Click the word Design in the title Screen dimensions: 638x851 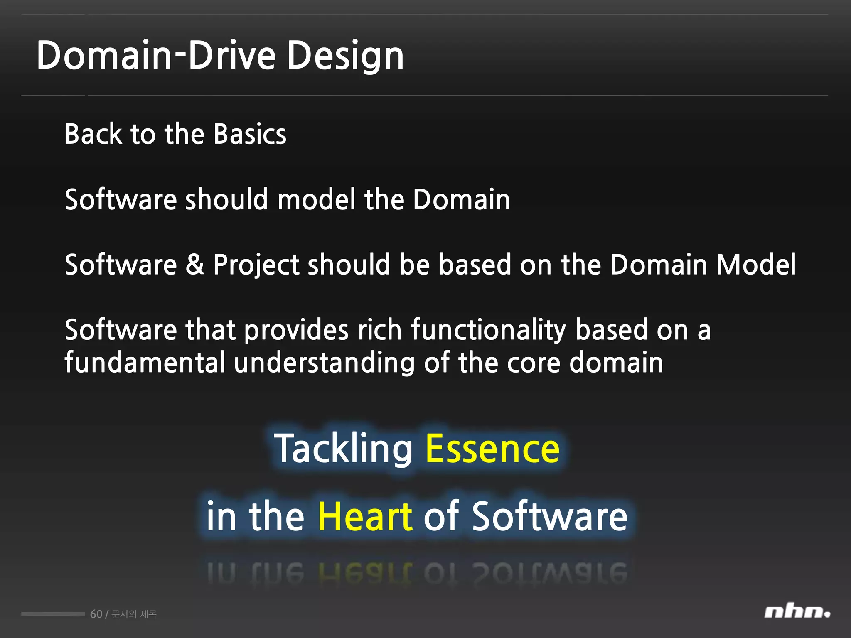(x=345, y=56)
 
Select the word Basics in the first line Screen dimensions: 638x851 (x=250, y=134)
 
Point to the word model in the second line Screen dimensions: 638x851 (x=316, y=199)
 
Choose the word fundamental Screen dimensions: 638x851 (x=145, y=362)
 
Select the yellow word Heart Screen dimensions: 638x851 (x=365, y=516)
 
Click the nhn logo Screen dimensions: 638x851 (x=797, y=612)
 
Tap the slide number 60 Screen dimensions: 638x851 (x=96, y=614)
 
